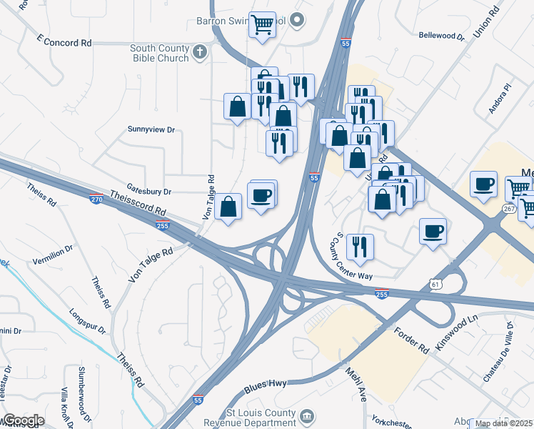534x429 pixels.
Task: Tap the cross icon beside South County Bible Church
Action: tap(200, 51)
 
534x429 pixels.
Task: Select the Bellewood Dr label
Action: tap(441, 35)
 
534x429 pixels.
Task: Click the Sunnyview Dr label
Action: tap(151, 129)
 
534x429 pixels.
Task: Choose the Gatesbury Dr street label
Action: tap(148, 192)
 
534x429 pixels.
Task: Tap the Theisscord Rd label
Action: tap(138, 203)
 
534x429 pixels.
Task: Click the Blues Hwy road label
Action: tap(265, 385)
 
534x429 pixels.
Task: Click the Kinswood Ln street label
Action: tap(457, 333)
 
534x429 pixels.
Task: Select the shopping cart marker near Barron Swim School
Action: tap(262, 24)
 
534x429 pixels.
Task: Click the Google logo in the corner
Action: tap(23, 420)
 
